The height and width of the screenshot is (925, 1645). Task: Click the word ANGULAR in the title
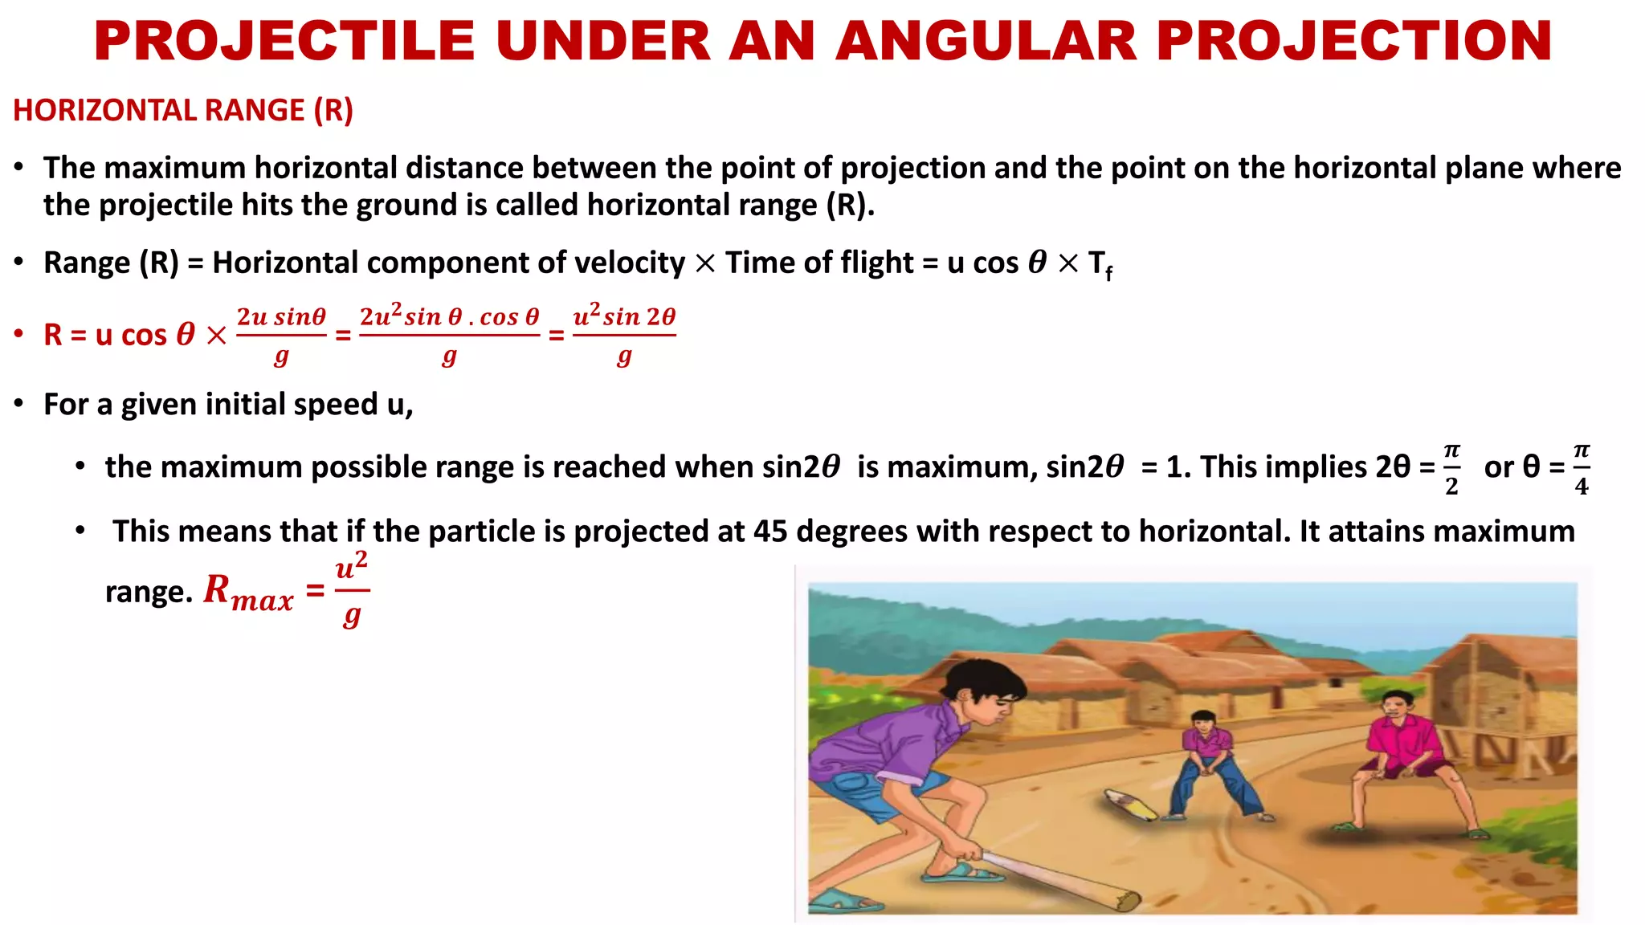tap(986, 41)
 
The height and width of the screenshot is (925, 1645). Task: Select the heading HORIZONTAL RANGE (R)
tap(183, 110)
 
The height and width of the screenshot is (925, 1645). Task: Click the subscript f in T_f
tap(1109, 274)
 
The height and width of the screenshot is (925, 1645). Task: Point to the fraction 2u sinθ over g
tap(281, 335)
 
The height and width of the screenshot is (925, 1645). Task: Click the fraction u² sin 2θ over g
tap(624, 335)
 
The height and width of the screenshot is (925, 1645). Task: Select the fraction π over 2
tap(1451, 469)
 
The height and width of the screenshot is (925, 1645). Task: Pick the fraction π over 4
tap(1581, 469)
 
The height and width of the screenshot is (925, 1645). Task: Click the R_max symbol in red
tap(247, 592)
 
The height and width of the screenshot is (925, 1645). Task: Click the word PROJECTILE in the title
tap(284, 41)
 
